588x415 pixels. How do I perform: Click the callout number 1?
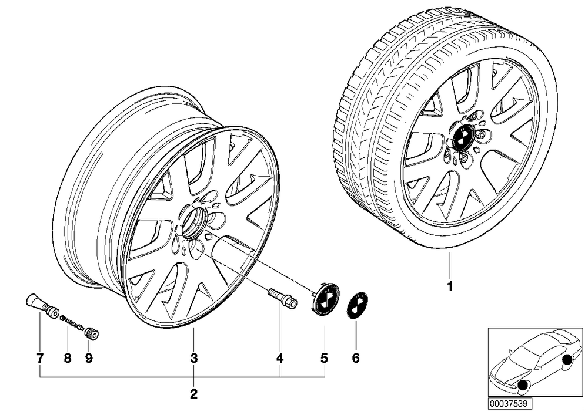450,286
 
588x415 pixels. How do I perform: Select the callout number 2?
193,394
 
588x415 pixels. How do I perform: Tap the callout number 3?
193,358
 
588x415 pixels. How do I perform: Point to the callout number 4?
279,358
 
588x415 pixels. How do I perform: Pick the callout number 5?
325,358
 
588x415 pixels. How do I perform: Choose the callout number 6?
356,358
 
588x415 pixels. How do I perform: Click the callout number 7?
40,358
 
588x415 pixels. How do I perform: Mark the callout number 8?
68,358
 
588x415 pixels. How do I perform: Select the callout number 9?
89,358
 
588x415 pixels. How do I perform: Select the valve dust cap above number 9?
92,332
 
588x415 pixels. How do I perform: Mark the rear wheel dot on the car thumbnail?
567,360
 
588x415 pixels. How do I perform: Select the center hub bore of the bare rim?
193,223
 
